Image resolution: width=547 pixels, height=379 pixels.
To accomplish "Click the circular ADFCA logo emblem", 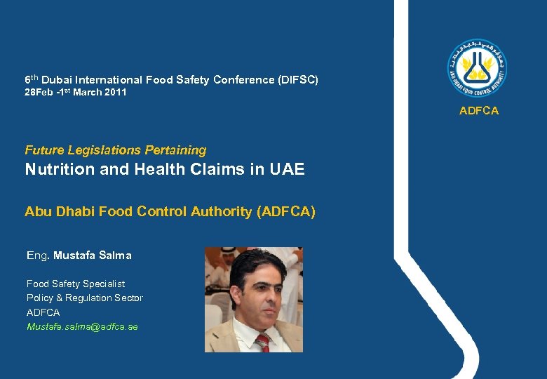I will [478, 68].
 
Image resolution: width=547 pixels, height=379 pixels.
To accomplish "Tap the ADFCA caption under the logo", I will [478, 111].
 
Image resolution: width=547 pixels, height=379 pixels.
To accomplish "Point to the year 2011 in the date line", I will [114, 93].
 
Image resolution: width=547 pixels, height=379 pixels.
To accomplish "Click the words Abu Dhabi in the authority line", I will [55, 211].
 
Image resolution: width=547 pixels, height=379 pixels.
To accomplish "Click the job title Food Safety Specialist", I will [76, 284].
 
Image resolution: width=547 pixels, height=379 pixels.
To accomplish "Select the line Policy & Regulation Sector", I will [84, 298].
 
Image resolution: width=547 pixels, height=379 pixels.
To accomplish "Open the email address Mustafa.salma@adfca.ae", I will [82, 326].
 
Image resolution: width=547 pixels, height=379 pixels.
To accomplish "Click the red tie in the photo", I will [262, 342].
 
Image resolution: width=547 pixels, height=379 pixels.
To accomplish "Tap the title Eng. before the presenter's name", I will [37, 255].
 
